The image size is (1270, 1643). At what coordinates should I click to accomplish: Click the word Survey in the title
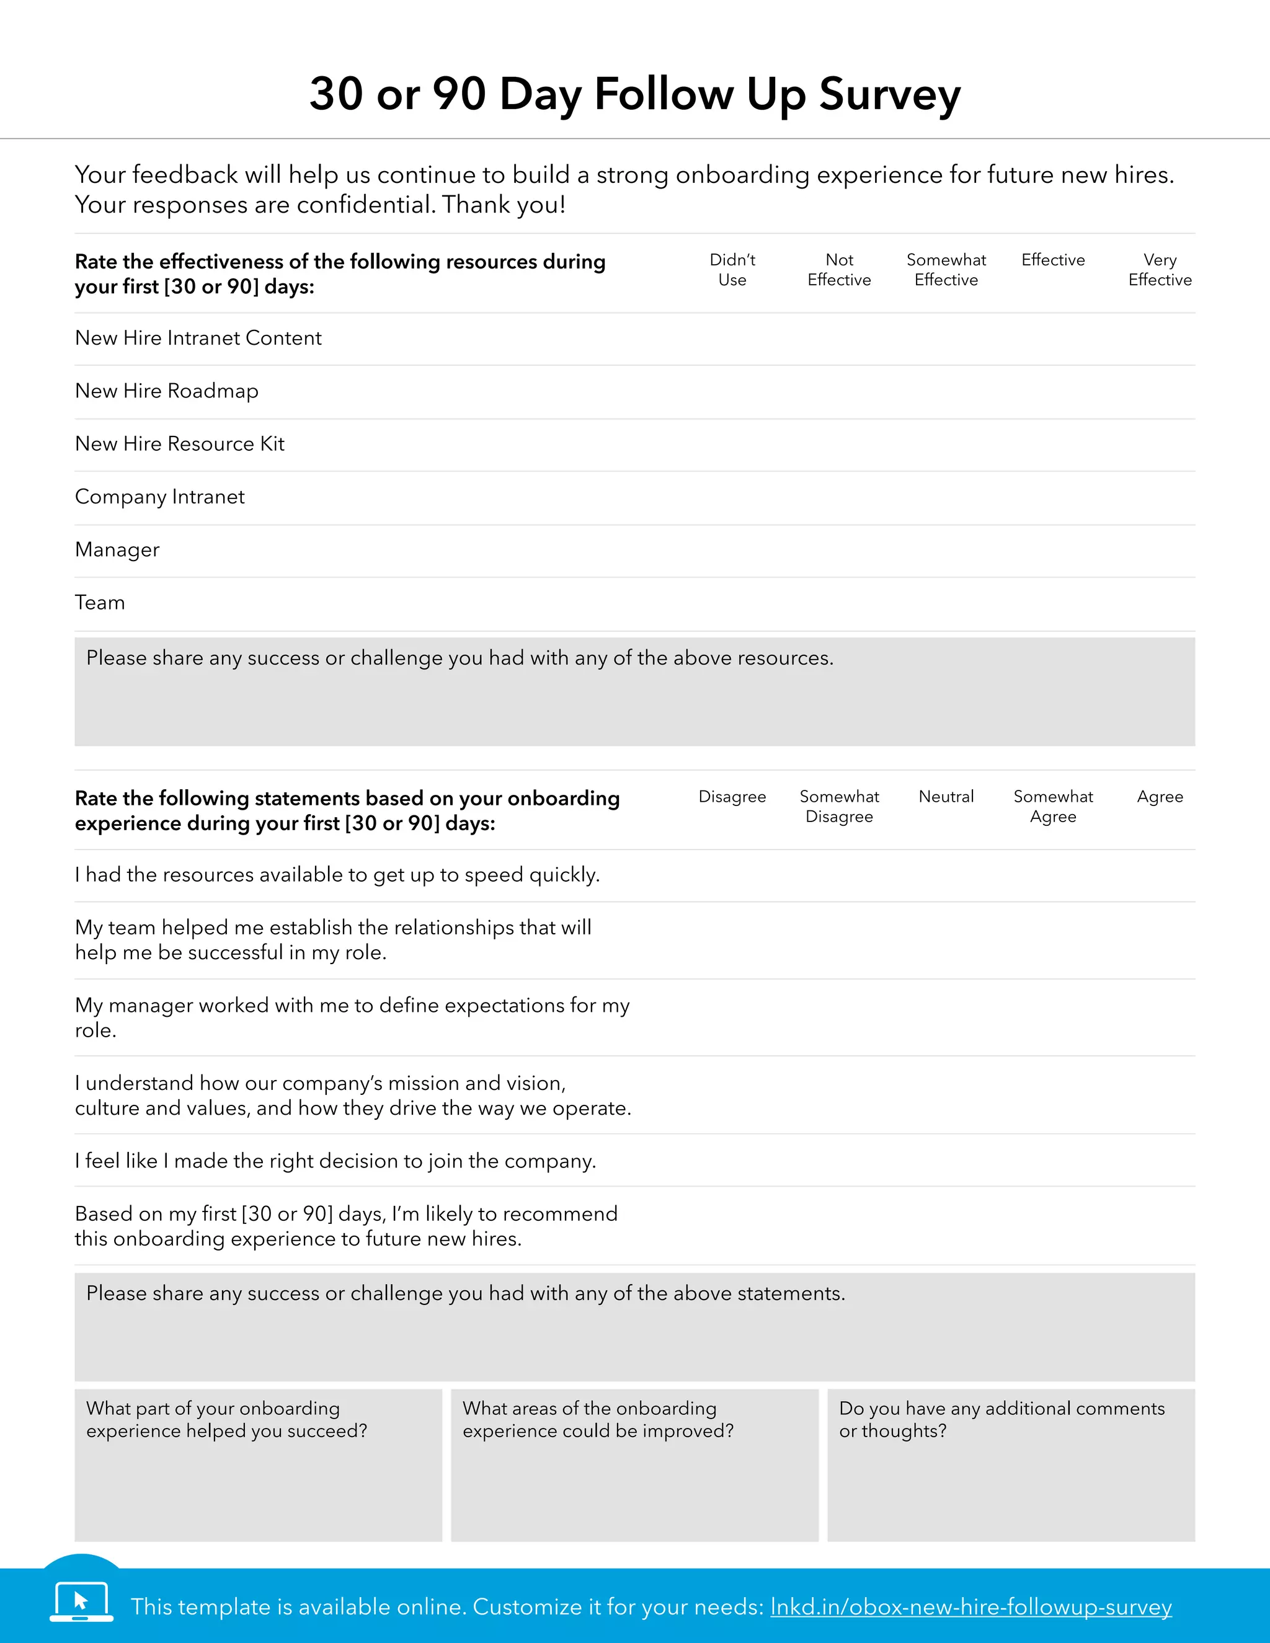[889, 95]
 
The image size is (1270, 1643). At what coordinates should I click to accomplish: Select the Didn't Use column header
[732, 269]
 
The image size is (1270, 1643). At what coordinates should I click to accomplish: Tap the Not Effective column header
[839, 269]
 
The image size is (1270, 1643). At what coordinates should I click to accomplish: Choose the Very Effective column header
[1160, 269]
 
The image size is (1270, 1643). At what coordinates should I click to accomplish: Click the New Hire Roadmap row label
[167, 391]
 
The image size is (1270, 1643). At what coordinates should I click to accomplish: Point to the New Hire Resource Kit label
[180, 444]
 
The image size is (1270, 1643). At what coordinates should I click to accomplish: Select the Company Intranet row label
[159, 497]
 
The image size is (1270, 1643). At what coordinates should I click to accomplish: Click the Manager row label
[117, 550]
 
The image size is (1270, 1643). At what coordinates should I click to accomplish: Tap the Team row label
[100, 603]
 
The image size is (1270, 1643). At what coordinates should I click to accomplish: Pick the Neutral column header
[946, 797]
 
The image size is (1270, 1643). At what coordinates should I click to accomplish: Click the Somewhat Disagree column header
[839, 807]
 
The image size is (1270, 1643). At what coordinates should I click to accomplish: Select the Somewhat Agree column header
[1052, 807]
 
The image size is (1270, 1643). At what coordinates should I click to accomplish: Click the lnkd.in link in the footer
[970, 1607]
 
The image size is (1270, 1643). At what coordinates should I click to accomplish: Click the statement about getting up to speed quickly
[337, 875]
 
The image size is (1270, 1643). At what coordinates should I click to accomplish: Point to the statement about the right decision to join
[335, 1161]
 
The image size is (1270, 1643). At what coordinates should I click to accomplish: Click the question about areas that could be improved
[597, 1420]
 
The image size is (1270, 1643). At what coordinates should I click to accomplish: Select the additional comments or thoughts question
[1001, 1420]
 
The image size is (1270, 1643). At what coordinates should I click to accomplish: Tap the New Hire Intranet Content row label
[198, 339]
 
